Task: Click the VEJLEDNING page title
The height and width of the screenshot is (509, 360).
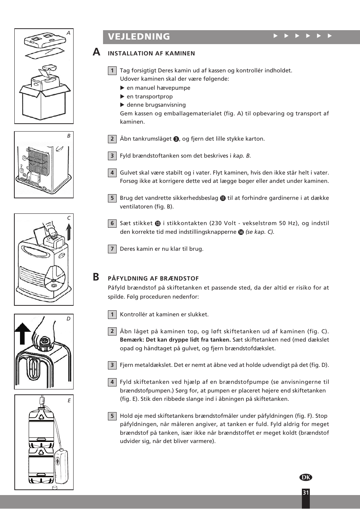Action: [x=139, y=37]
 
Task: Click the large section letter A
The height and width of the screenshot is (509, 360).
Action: [x=97, y=52]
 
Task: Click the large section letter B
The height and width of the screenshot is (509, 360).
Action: [x=96, y=277]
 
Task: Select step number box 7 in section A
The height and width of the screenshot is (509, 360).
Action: [x=112, y=249]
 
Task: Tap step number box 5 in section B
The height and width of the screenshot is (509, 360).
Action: [x=112, y=416]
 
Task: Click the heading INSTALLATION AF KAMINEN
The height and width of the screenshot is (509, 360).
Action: [x=151, y=54]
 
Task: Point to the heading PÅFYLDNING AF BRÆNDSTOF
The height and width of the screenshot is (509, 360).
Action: [x=153, y=279]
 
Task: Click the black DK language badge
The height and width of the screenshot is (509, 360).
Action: [x=306, y=477]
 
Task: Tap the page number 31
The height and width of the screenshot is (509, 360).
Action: [x=306, y=492]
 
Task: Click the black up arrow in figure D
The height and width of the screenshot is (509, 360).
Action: [x=23, y=333]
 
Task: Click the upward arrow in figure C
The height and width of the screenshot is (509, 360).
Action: [x=69, y=232]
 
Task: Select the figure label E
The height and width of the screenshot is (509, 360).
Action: [x=69, y=400]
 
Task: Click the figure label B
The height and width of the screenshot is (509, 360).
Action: [x=69, y=136]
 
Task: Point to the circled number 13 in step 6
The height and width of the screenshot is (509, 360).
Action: [x=158, y=224]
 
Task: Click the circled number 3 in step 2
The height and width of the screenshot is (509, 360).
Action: [x=176, y=139]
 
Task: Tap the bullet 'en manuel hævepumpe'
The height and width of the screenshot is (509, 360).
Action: [x=158, y=88]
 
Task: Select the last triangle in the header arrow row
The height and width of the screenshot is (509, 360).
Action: [x=329, y=36]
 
